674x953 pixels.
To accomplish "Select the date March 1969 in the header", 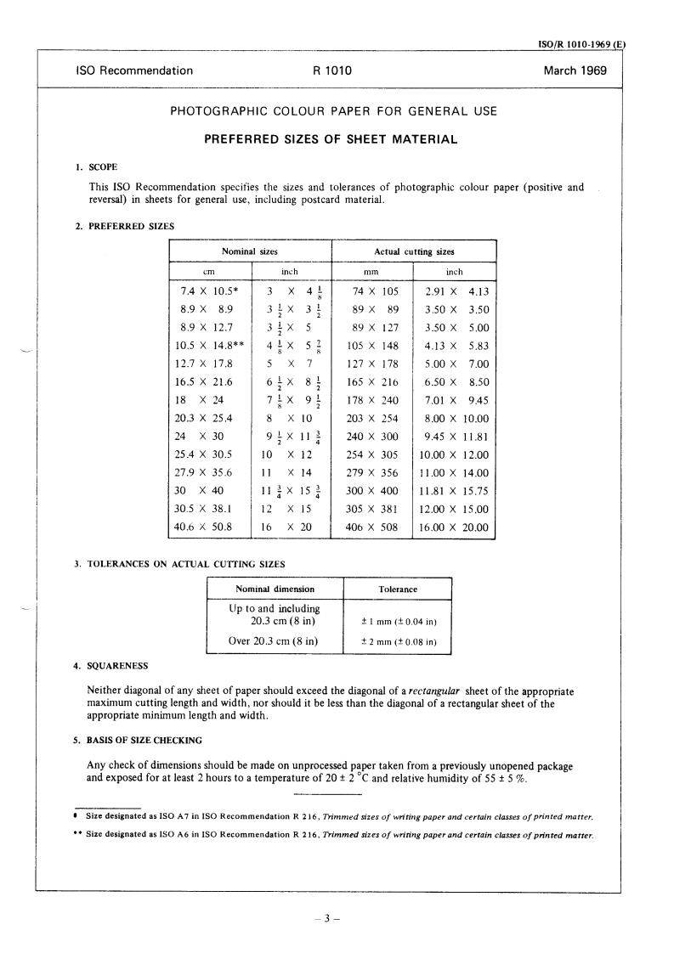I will point(575,71).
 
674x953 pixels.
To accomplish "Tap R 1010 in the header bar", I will point(332,71).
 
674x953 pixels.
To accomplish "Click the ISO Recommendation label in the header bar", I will point(134,71).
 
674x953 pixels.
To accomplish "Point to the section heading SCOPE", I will point(105,166).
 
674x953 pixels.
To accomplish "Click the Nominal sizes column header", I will point(249,251).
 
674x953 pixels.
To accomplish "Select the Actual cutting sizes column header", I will point(413,251).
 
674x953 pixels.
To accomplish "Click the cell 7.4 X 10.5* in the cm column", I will point(208,291).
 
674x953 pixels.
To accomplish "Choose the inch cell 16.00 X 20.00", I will point(455,527).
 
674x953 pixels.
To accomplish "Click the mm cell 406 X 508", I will point(372,527).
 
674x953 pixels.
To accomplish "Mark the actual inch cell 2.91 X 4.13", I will point(455,291).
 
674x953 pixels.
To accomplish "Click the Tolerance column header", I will point(397,589).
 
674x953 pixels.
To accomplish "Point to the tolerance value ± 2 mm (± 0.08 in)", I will point(397,642).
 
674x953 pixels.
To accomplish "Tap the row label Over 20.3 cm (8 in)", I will point(274,641).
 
